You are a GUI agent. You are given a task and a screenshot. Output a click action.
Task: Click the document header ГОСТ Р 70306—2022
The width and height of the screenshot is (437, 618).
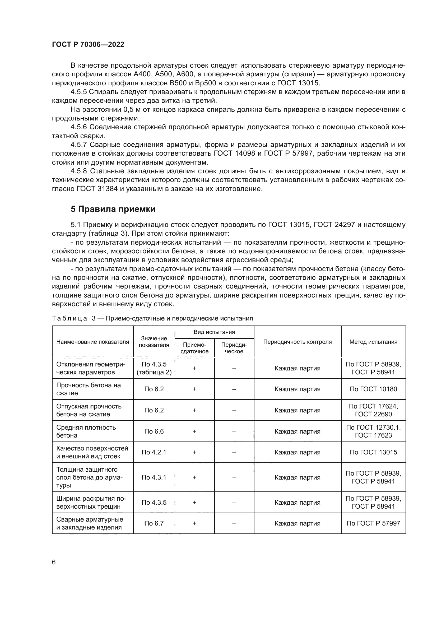point(88,44)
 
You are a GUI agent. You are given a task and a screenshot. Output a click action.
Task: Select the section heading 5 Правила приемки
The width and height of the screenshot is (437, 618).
point(113,209)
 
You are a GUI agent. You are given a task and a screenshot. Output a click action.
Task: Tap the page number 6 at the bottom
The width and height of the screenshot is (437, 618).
point(54,562)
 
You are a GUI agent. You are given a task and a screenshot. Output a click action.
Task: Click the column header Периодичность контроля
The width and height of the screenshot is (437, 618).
point(297,342)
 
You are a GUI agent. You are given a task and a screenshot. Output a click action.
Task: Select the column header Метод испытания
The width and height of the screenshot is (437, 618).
point(373,342)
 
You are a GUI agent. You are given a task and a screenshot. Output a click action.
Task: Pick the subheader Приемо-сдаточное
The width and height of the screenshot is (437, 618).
point(194,348)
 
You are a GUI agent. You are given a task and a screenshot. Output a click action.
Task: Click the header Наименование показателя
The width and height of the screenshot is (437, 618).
point(92,342)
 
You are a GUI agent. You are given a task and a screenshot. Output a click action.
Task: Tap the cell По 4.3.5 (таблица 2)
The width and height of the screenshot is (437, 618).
point(154,368)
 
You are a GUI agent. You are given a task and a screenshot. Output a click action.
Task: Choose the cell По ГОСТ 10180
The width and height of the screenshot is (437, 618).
point(373,389)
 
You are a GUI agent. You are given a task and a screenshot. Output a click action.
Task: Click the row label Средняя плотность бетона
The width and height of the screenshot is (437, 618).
point(86,431)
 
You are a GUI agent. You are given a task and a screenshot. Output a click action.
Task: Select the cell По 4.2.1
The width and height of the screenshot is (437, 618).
point(154,452)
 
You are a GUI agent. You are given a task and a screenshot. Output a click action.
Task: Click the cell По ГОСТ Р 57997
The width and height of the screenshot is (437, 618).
point(373,523)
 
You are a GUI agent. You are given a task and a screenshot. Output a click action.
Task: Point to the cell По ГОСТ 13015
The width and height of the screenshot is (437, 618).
point(373,452)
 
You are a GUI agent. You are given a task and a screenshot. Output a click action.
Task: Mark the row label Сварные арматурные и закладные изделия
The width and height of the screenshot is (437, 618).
point(90,523)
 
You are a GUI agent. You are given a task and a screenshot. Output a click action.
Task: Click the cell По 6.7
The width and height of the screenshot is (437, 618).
point(154,523)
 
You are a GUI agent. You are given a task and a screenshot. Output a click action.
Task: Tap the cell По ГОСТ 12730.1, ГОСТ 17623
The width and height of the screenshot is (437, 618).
point(373,431)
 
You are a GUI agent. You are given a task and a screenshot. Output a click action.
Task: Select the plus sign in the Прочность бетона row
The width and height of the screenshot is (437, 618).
point(194,389)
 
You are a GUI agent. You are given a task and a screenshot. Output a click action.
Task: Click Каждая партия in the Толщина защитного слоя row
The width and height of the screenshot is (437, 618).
point(297,477)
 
